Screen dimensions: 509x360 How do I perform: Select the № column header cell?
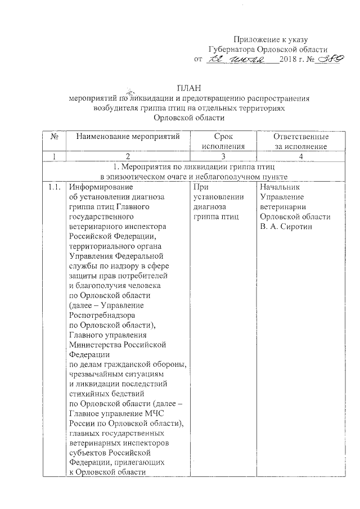(x=56, y=137)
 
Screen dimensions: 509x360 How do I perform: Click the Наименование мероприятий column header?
(x=128, y=137)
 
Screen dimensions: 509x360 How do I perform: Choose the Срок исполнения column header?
(x=224, y=142)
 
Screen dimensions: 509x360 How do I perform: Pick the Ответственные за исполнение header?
(x=301, y=142)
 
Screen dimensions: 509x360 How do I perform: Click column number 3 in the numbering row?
(x=223, y=156)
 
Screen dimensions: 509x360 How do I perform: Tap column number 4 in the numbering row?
(x=301, y=156)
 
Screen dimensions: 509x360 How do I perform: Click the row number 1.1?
(x=55, y=187)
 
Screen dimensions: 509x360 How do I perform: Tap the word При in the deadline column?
(x=201, y=187)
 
